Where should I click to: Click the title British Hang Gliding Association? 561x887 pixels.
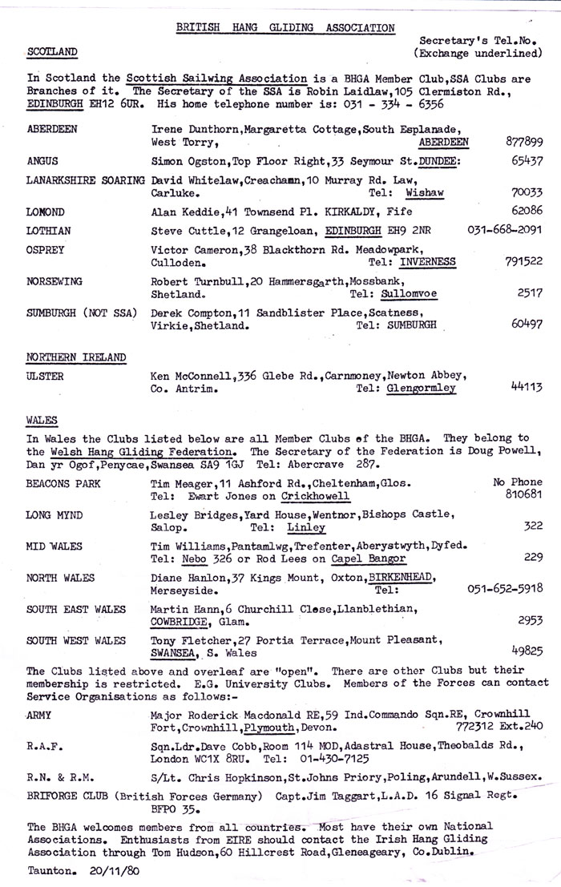click(285, 27)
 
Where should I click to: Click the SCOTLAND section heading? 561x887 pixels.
click(52, 52)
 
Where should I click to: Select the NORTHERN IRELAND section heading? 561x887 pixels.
click(77, 357)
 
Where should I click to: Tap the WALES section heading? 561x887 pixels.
click(42, 420)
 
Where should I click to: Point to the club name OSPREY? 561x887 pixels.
click(47, 250)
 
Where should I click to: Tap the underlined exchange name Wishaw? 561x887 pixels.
click(425, 193)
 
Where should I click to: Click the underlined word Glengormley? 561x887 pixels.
click(422, 388)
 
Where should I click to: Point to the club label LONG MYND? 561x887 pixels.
click(54, 515)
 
